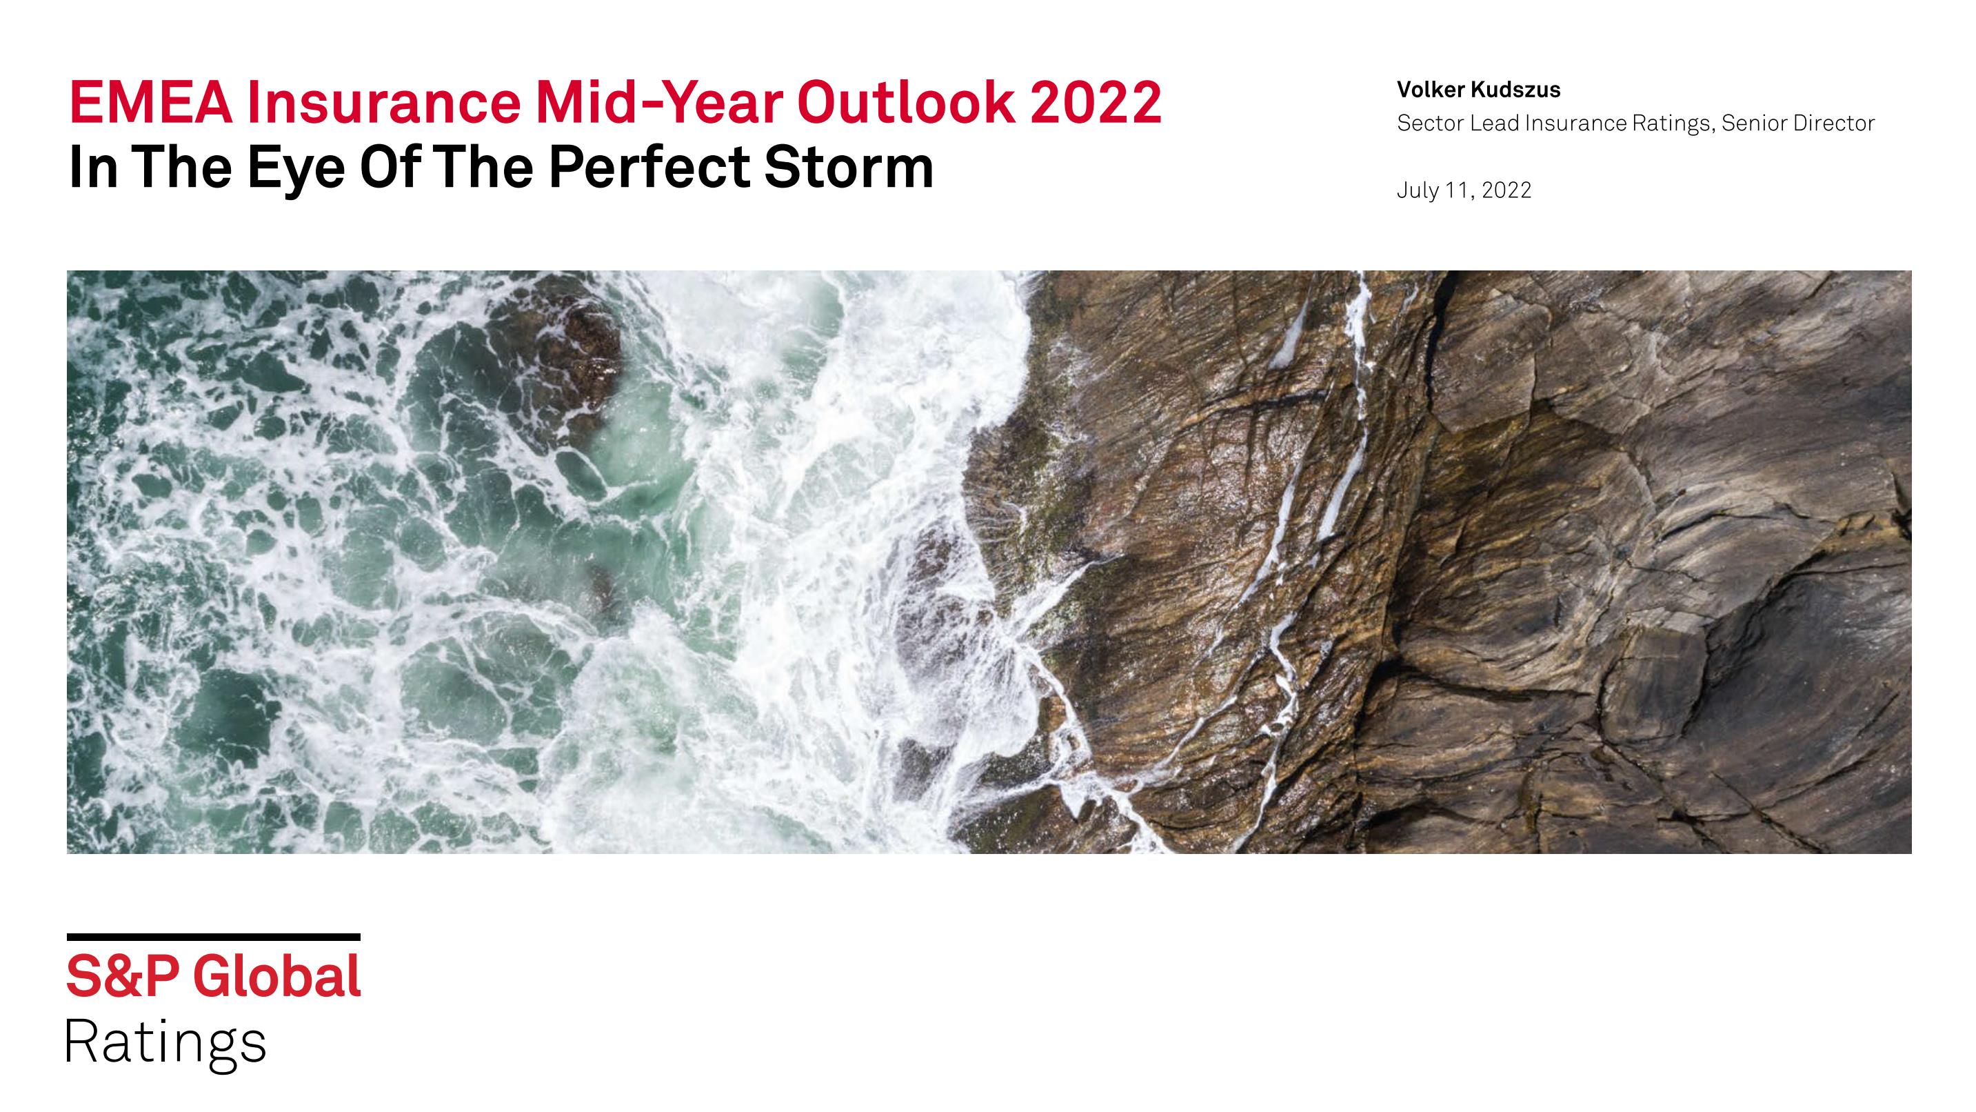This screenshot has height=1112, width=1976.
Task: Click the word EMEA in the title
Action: pos(150,102)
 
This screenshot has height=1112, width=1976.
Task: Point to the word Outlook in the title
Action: pos(906,102)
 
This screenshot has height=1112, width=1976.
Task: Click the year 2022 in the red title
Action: pos(1096,102)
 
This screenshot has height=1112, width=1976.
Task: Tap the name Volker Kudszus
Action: pos(1478,90)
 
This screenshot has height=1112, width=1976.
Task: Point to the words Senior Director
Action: pos(1798,123)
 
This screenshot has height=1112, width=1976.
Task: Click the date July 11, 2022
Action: pos(1464,190)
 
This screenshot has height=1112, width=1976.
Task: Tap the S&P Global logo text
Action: pos(213,976)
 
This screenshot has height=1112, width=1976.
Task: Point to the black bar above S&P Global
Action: pos(213,937)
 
